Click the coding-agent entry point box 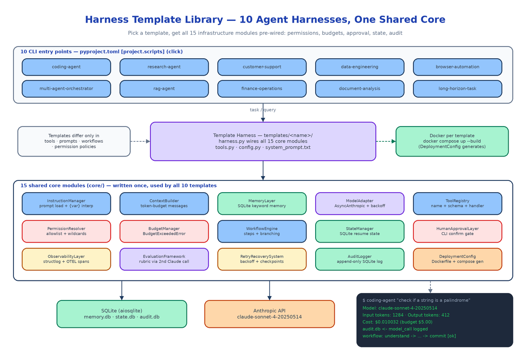click(x=66, y=67)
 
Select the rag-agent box click(x=164, y=89)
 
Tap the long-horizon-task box click(x=457, y=89)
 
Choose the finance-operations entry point click(x=262, y=89)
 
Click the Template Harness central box click(x=263, y=141)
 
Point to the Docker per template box click(x=452, y=141)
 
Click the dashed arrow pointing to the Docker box click(x=386, y=141)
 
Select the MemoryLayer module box click(x=262, y=203)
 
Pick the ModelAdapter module click(x=360, y=203)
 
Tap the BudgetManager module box click(x=164, y=231)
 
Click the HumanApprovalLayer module click(x=457, y=231)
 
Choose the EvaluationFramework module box click(x=164, y=259)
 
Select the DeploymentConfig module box click(x=457, y=259)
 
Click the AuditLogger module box click(x=360, y=259)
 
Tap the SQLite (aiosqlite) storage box click(x=122, y=314)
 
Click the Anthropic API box click(x=270, y=314)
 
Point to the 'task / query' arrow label click(x=263, y=110)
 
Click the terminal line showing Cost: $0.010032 click(x=397, y=322)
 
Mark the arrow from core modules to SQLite click(x=122, y=290)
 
